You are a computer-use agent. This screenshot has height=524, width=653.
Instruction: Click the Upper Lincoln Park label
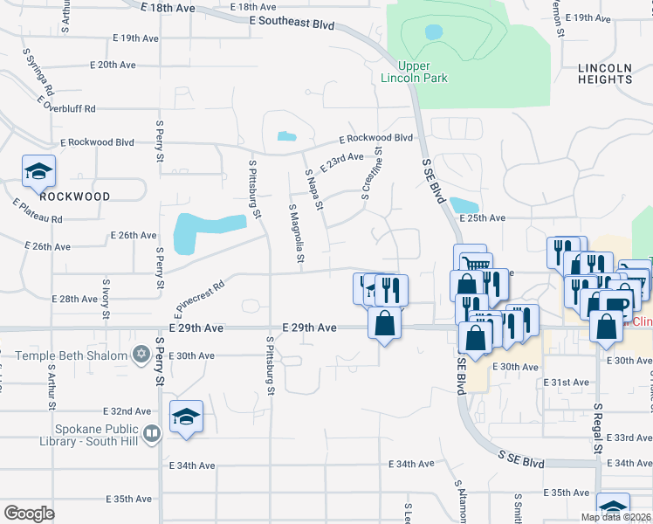pyautogui.click(x=414, y=72)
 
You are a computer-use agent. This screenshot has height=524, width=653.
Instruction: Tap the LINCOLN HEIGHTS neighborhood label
pyautogui.click(x=605, y=73)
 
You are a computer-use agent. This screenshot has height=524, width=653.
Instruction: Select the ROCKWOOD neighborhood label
pyautogui.click(x=75, y=196)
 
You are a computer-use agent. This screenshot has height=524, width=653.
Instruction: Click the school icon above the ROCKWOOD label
pyautogui.click(x=38, y=172)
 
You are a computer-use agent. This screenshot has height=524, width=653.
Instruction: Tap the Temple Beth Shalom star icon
pyautogui.click(x=141, y=354)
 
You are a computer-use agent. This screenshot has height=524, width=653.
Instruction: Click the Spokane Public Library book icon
pyautogui.click(x=152, y=433)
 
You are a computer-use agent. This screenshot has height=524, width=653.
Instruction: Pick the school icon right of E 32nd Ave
pyautogui.click(x=186, y=417)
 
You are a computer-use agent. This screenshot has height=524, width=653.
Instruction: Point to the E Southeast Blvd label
pyautogui.click(x=291, y=23)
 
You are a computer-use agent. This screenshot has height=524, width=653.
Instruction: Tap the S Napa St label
pyautogui.click(x=314, y=190)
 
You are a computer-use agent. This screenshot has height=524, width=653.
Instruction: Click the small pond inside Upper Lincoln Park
pyautogui.click(x=433, y=31)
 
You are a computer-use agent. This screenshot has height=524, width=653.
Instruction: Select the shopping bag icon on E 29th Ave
pyautogui.click(x=384, y=324)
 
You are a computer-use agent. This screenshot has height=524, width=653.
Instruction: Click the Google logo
pyautogui.click(x=29, y=514)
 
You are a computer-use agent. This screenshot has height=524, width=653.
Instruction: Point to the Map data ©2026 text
pyautogui.click(x=615, y=517)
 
